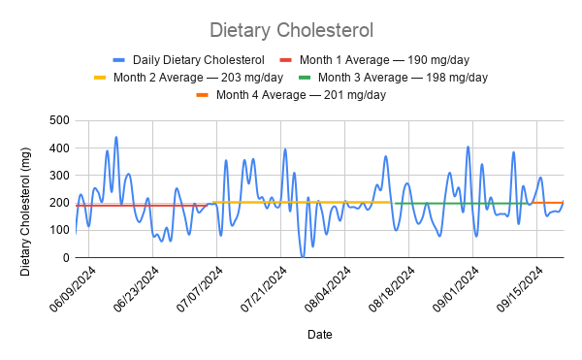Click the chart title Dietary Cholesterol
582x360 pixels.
(x=291, y=30)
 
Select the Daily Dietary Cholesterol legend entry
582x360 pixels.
(x=188, y=60)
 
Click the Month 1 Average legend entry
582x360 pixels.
(x=374, y=60)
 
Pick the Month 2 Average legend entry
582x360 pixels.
(x=188, y=78)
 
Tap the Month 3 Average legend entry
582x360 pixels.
(x=393, y=78)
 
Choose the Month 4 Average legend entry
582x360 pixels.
(x=291, y=95)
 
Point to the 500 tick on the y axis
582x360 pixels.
(x=59, y=120)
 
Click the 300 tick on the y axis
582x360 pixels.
(x=59, y=176)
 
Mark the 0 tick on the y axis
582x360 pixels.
(x=66, y=257)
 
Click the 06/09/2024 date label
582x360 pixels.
(x=73, y=289)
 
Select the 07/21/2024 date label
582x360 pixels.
(x=264, y=289)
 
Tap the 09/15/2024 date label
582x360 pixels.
(x=520, y=289)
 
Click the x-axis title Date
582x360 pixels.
(x=319, y=335)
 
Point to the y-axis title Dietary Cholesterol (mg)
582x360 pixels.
(x=25, y=212)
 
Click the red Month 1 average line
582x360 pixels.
(x=142, y=206)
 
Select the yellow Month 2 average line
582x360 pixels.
(x=302, y=202)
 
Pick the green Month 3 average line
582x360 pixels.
(x=462, y=204)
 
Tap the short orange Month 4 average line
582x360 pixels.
(x=548, y=203)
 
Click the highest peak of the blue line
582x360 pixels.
(x=116, y=137)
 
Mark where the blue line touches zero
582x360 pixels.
(x=303, y=257)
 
